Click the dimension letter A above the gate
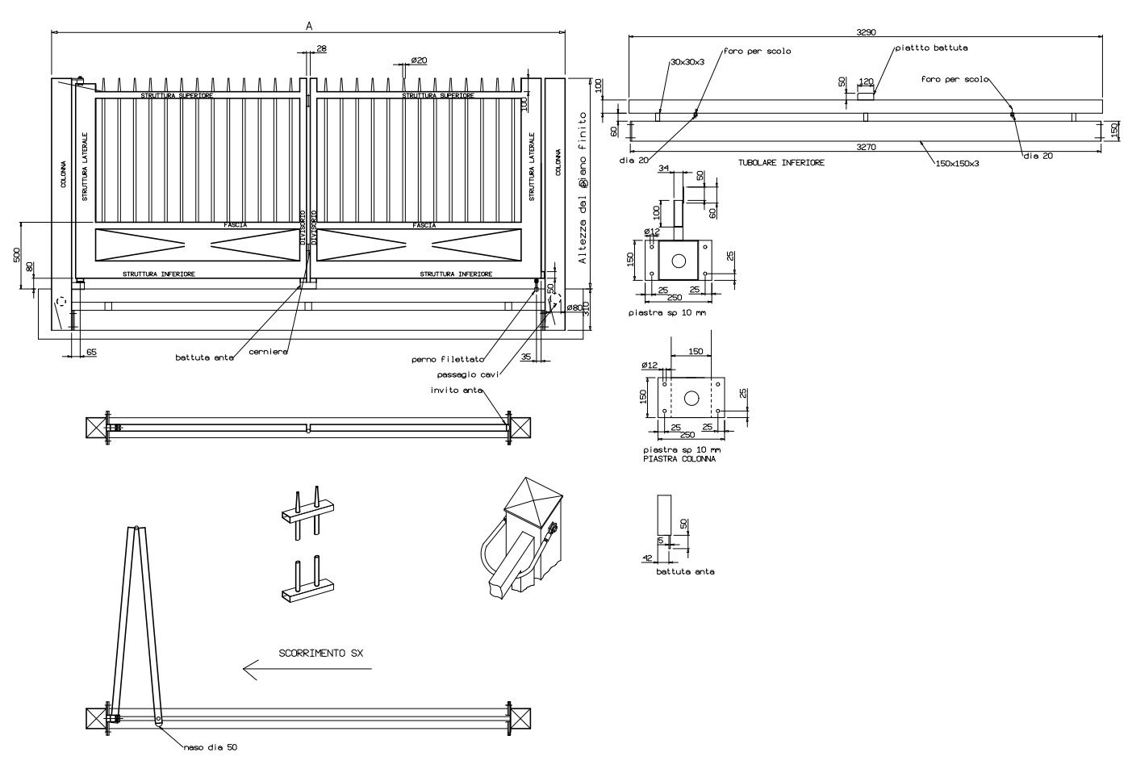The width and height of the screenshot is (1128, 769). pyautogui.click(x=309, y=26)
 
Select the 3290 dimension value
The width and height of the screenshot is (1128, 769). pyautogui.click(x=866, y=32)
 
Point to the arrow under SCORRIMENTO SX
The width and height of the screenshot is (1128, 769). pyautogui.click(x=307, y=668)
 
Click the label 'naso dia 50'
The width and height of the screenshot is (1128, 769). pyautogui.click(x=211, y=747)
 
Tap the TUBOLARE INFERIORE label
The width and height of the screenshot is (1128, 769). pyautogui.click(x=781, y=162)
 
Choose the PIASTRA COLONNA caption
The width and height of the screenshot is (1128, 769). pyautogui.click(x=679, y=458)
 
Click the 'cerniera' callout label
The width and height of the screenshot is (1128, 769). pyautogui.click(x=268, y=352)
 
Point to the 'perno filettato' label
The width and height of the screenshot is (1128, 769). pyautogui.click(x=448, y=359)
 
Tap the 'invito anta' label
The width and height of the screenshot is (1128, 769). pyautogui.click(x=456, y=391)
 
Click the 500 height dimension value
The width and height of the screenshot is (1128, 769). pyautogui.click(x=16, y=254)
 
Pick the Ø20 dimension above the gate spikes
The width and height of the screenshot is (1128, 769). pyautogui.click(x=419, y=61)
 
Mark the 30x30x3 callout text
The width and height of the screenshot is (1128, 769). pyautogui.click(x=687, y=61)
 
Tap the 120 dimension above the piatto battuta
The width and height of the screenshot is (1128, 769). pyautogui.click(x=867, y=81)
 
